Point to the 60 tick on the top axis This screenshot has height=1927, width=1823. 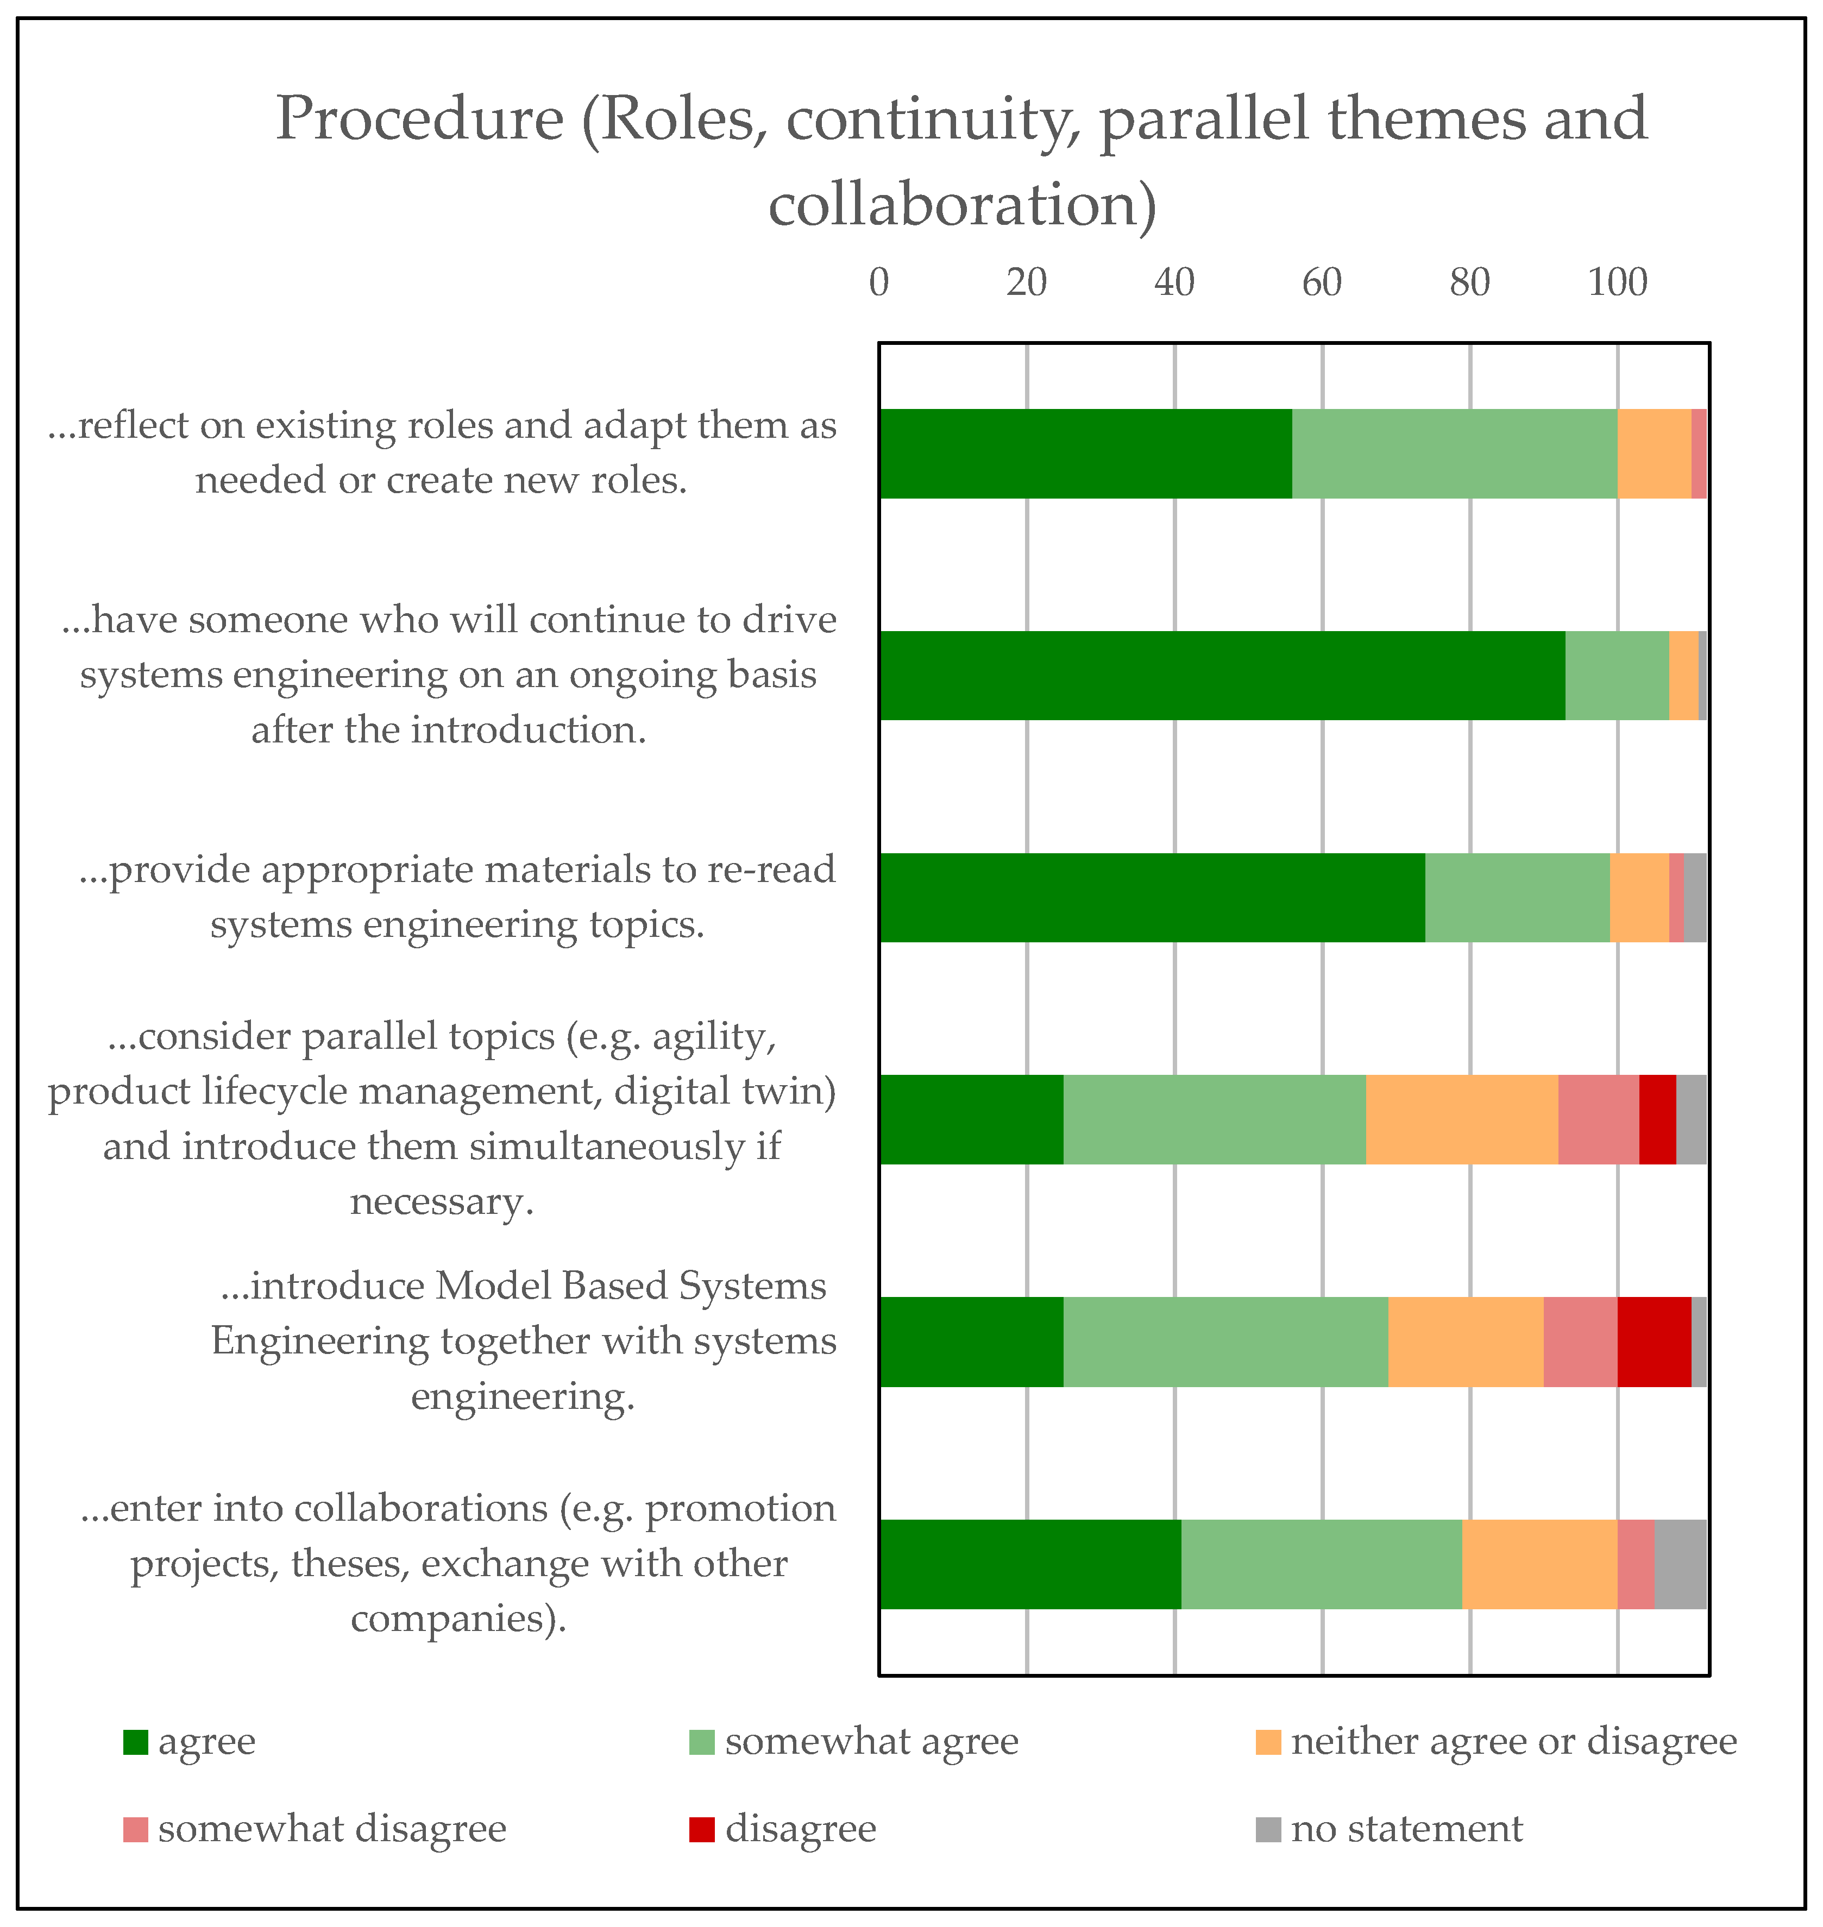click(1322, 283)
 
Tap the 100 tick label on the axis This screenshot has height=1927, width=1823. click(1617, 283)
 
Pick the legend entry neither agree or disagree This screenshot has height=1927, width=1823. click(1513, 1741)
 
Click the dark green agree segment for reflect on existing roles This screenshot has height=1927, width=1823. click(1085, 454)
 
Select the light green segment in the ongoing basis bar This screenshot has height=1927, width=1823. click(1617, 675)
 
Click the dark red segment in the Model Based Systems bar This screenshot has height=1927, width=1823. click(1654, 1341)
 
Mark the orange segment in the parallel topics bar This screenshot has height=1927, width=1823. click(1462, 1119)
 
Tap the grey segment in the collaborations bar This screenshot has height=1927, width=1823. click(1680, 1564)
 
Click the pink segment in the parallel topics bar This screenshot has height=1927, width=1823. click(1599, 1119)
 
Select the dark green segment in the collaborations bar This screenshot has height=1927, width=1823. click(1030, 1564)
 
